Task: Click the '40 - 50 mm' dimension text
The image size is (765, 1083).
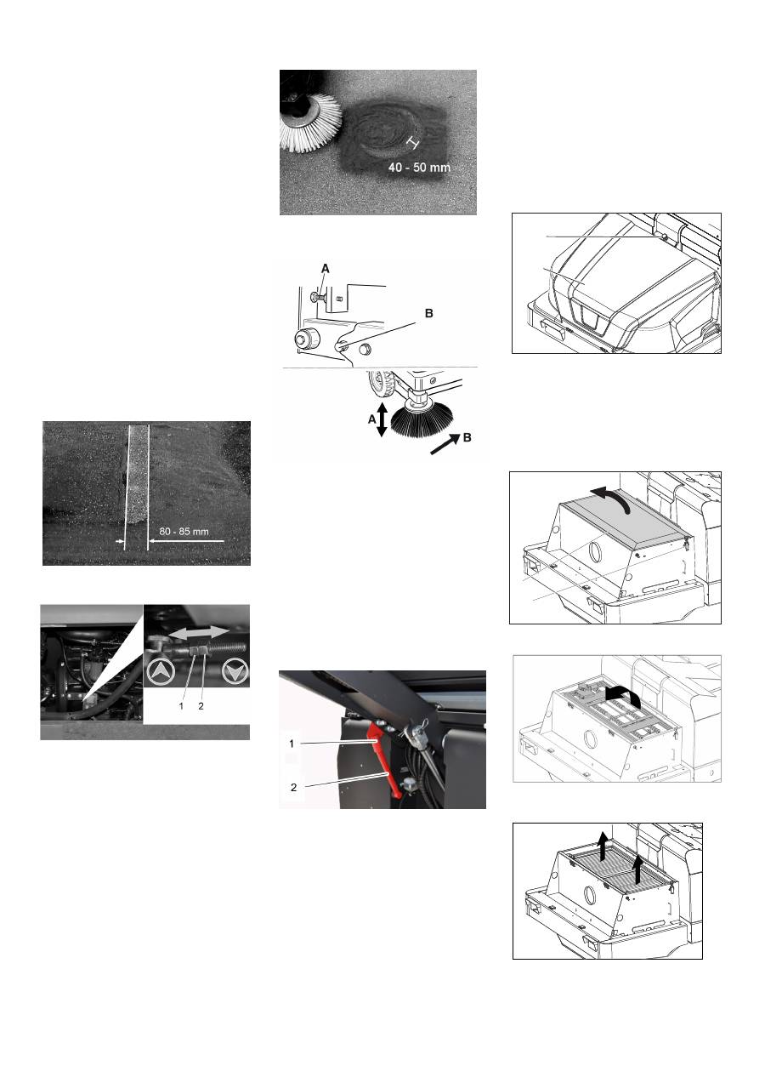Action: click(419, 168)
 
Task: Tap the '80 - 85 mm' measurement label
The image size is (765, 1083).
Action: click(184, 532)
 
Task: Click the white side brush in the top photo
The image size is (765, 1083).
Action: click(310, 122)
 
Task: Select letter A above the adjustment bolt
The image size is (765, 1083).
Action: click(326, 268)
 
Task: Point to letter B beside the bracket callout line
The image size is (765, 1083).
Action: click(429, 314)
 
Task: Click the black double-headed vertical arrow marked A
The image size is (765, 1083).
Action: click(382, 420)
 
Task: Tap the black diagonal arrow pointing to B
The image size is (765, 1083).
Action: click(445, 444)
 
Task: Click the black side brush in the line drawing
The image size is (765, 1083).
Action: click(422, 418)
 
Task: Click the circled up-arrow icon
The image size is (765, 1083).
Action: click(160, 671)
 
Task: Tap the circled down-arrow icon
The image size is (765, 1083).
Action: click(235, 671)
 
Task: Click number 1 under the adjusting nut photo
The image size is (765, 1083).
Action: click(181, 706)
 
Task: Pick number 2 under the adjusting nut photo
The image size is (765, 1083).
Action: click(201, 706)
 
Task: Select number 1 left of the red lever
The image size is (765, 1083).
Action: click(292, 744)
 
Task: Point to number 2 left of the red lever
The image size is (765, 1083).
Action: click(293, 788)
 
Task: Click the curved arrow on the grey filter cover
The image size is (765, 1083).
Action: click(612, 496)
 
